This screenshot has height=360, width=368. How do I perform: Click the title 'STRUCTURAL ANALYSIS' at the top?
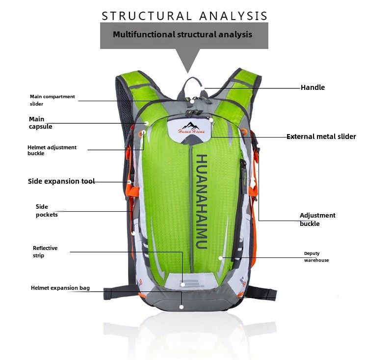(184, 15)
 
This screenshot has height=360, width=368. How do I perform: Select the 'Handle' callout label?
(313, 87)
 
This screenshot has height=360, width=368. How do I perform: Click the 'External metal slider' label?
(321, 137)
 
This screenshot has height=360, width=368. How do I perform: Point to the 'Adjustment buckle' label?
(317, 219)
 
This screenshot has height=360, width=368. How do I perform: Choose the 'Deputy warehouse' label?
(316, 257)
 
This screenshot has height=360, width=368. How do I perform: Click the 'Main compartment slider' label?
(52, 100)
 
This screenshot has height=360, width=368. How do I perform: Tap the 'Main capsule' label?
(40, 123)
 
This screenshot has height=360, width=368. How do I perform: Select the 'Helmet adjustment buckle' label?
(52, 150)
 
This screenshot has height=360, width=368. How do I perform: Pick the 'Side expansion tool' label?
(61, 181)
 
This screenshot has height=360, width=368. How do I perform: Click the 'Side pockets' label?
(47, 211)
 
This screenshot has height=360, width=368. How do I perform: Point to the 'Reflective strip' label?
(45, 251)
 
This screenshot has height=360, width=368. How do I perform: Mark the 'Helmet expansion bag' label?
(60, 288)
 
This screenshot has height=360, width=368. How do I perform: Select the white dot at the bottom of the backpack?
(182, 307)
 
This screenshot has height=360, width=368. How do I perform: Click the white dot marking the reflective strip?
(183, 284)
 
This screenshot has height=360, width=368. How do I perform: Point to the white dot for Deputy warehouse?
(221, 257)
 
